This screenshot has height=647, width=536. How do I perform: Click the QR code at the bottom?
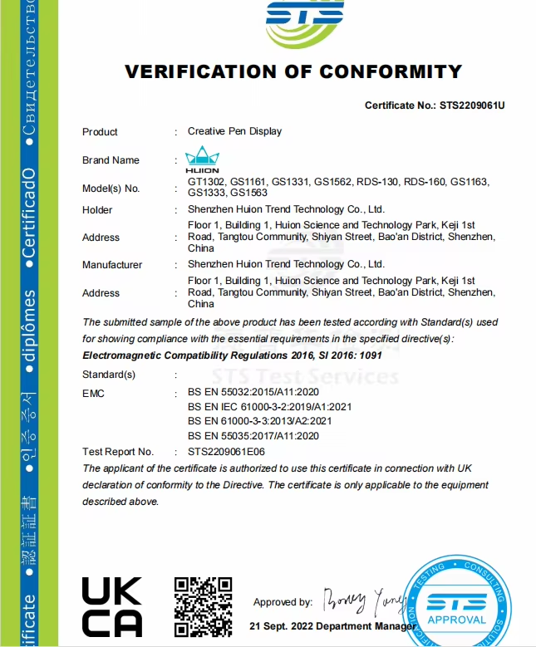[202, 606]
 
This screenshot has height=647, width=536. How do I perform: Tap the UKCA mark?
[112, 607]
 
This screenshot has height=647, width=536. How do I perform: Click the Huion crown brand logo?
[201, 158]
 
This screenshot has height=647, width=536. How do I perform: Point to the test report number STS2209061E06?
[227, 452]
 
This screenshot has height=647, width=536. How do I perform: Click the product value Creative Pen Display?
[234, 131]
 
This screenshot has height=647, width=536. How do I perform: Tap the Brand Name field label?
[111, 160]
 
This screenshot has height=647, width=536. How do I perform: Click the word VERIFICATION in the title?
[203, 71]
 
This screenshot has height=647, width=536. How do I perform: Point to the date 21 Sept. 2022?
[284, 625]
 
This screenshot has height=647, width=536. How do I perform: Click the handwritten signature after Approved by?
[362, 598]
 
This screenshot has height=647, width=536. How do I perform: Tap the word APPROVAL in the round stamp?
[456, 620]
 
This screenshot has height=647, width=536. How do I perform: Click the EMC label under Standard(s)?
[93, 393]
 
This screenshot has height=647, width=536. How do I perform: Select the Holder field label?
[97, 210]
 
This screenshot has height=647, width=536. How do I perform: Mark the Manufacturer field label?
[112, 265]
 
